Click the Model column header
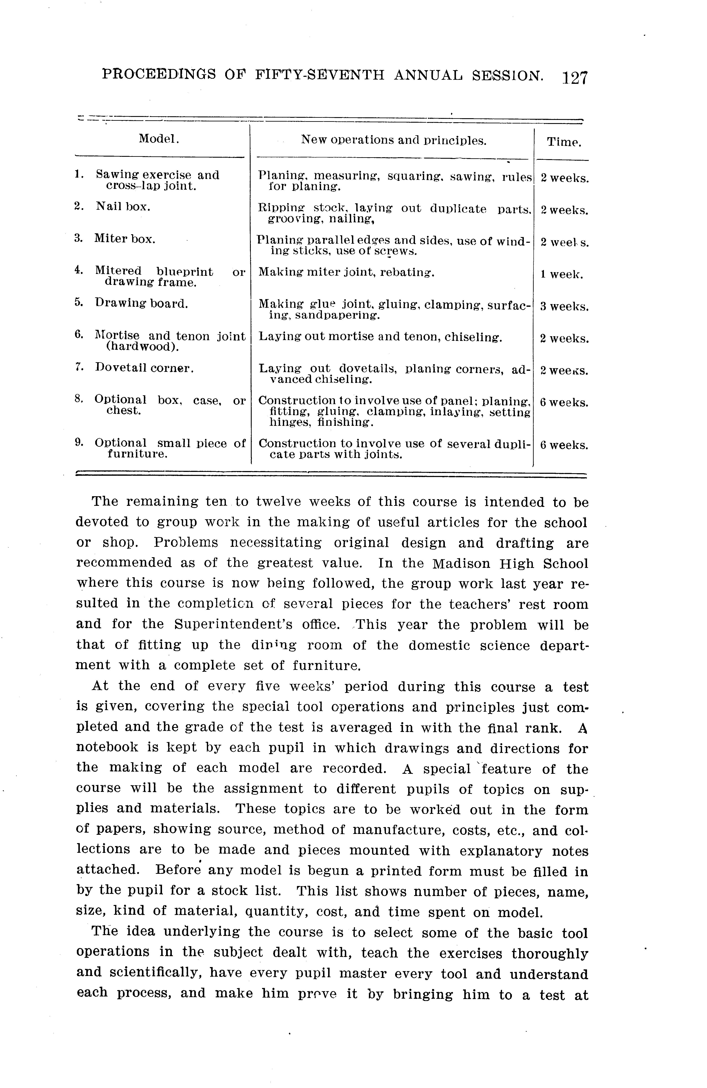pyautogui.click(x=159, y=138)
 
